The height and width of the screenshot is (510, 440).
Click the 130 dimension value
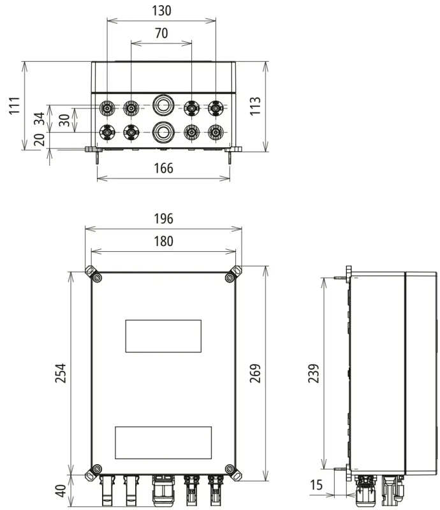click(x=161, y=11)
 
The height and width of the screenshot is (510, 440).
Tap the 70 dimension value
click(x=161, y=33)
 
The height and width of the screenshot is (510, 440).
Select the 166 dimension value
click(x=163, y=168)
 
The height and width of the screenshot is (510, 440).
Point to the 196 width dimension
click(x=163, y=219)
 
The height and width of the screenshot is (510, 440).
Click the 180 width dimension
click(x=163, y=242)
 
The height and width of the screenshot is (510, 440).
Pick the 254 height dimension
click(x=61, y=373)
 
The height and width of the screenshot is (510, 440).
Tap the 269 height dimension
click(x=255, y=373)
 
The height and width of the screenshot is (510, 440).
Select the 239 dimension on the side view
click(x=313, y=373)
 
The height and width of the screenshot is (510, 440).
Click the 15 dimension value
click(x=316, y=484)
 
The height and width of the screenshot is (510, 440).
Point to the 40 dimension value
click(x=61, y=491)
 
